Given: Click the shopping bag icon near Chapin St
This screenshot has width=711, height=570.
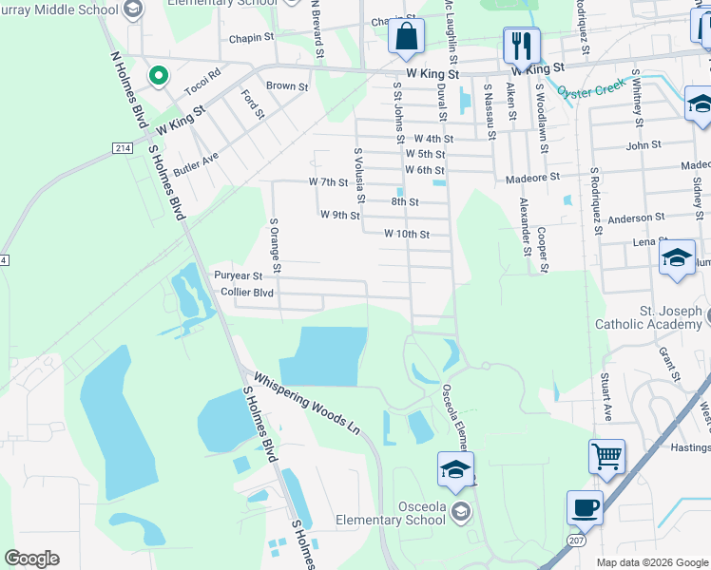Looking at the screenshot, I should click(407, 37).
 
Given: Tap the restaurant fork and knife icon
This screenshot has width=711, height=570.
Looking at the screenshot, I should click(521, 44).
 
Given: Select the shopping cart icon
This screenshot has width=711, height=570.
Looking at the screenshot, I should click(606, 457).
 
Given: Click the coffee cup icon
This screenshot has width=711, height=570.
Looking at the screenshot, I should click(585, 507).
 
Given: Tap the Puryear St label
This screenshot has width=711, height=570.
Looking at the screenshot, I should click(237, 275).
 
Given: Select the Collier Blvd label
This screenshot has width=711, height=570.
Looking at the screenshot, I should click(246, 293).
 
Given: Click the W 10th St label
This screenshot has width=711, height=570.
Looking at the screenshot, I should click(407, 234).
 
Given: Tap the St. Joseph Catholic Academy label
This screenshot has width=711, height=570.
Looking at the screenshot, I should click(649, 317).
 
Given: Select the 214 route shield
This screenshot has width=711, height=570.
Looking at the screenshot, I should click(123, 148).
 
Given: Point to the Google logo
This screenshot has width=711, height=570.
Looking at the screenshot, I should click(31, 559).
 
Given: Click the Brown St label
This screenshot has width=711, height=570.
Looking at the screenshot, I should click(287, 86).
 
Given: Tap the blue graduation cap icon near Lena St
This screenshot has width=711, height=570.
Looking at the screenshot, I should click(677, 258).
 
